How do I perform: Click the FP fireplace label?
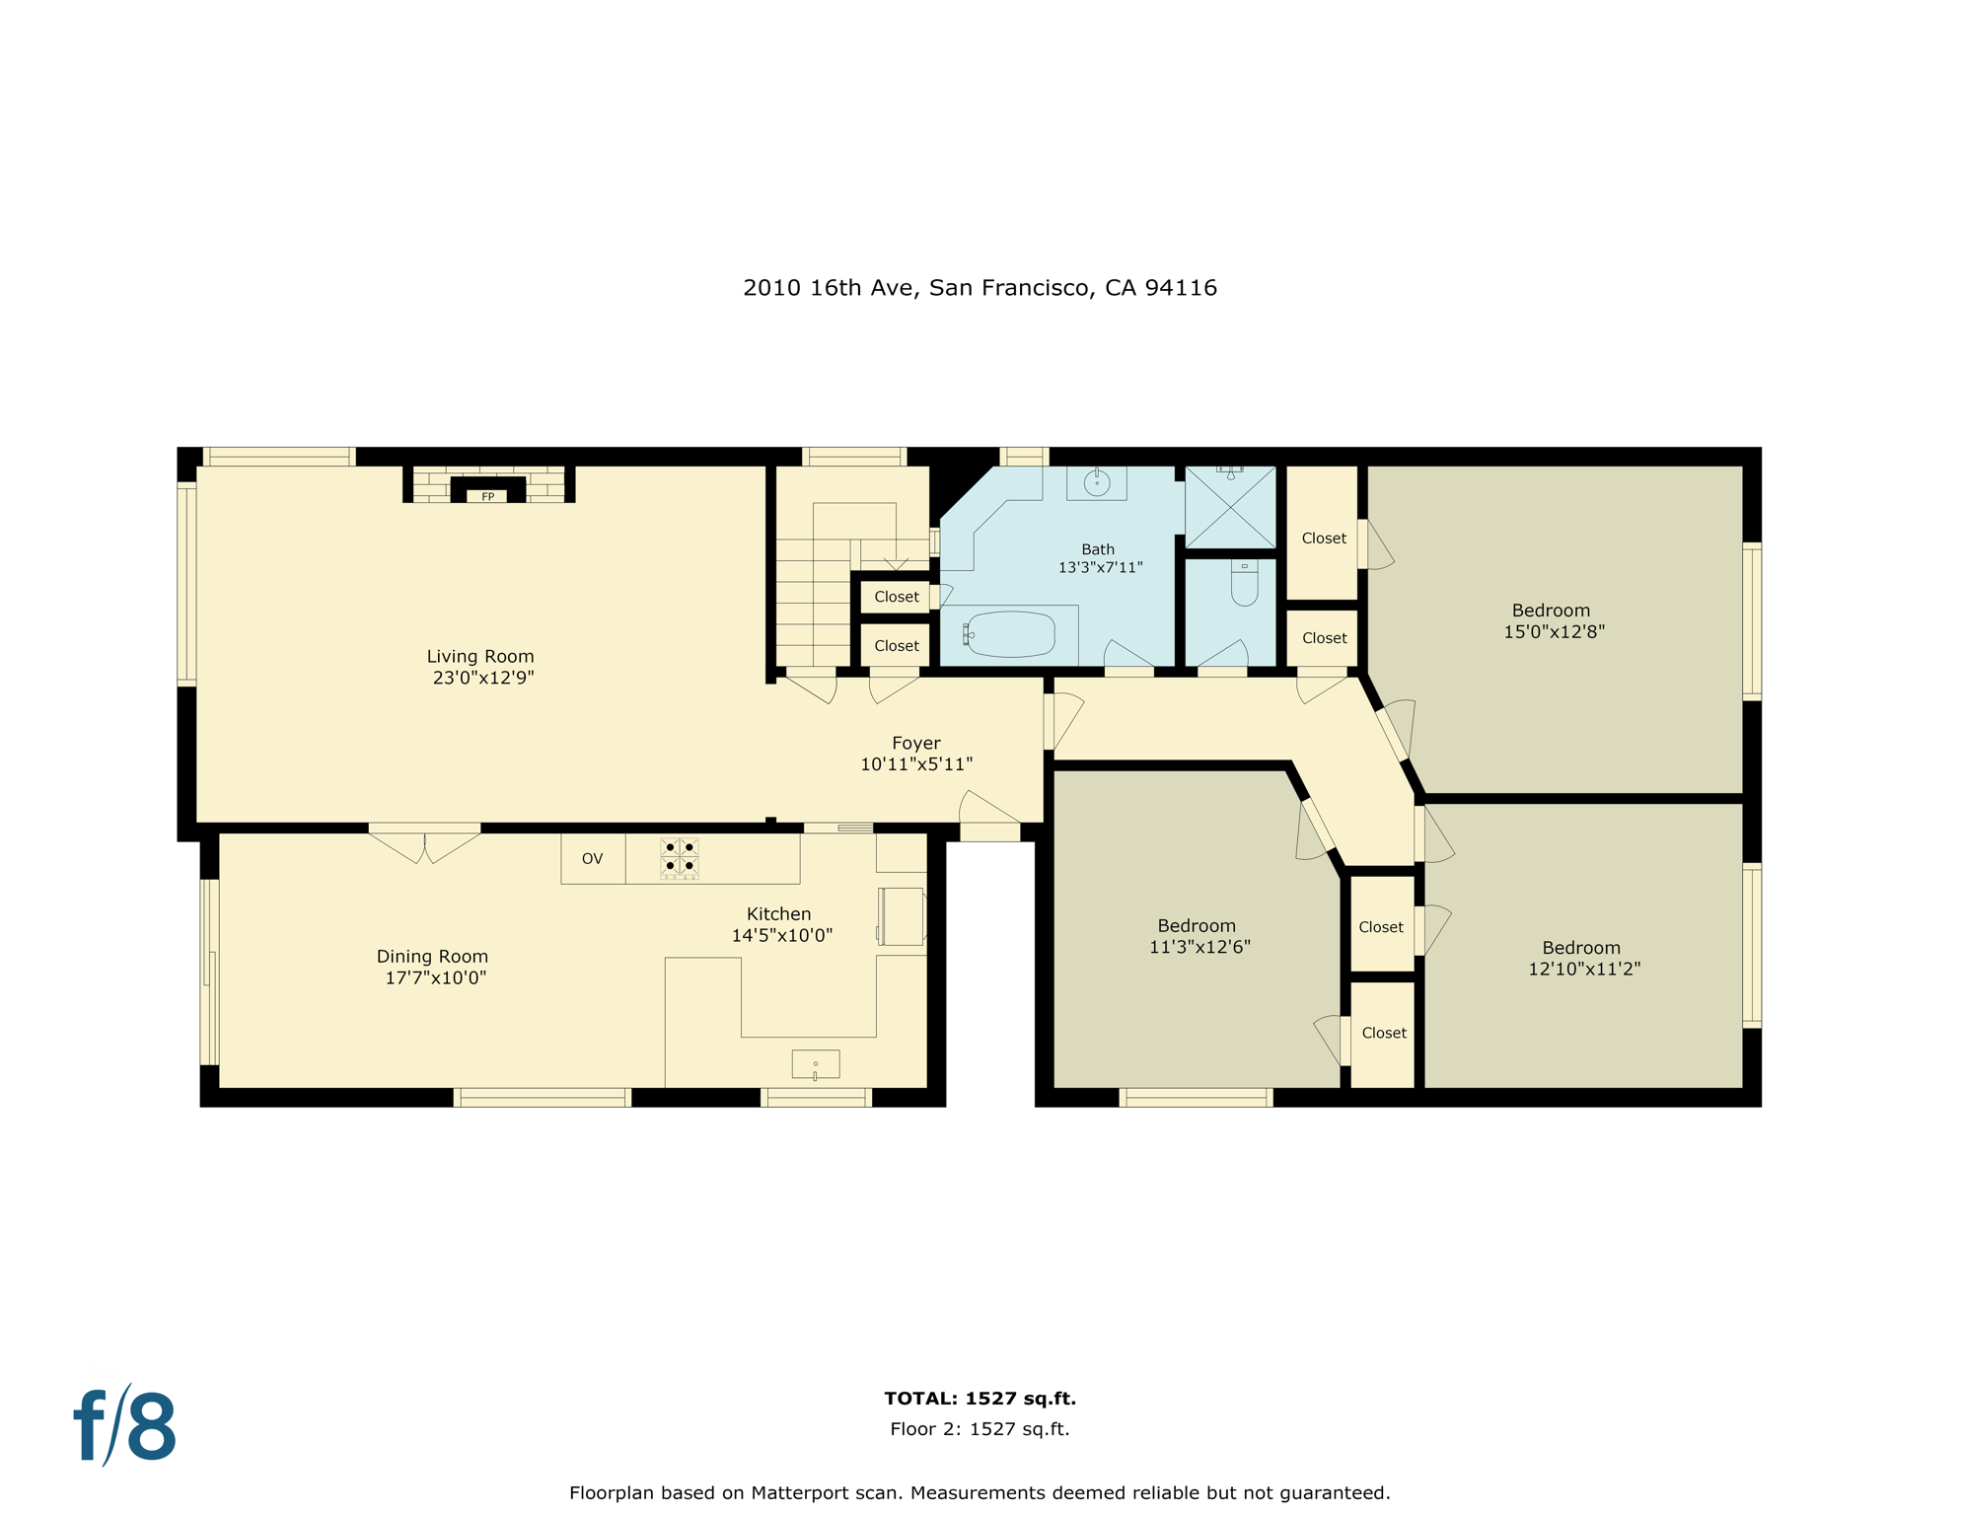click(487, 496)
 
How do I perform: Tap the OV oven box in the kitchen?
click(592, 858)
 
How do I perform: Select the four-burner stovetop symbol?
click(679, 857)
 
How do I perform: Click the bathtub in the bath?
click(1009, 634)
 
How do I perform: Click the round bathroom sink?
click(1096, 482)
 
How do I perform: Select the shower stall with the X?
click(1229, 507)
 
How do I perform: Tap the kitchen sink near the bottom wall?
click(815, 1064)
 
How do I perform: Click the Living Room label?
click(479, 656)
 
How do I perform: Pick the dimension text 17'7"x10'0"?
click(435, 977)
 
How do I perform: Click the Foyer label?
click(915, 743)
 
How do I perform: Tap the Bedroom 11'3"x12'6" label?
click(1196, 925)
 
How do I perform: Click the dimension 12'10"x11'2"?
click(1583, 969)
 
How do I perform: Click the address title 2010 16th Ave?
click(979, 288)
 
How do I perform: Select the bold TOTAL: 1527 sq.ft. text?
click(979, 1398)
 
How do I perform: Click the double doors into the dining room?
click(424, 844)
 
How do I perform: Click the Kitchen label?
click(778, 913)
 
